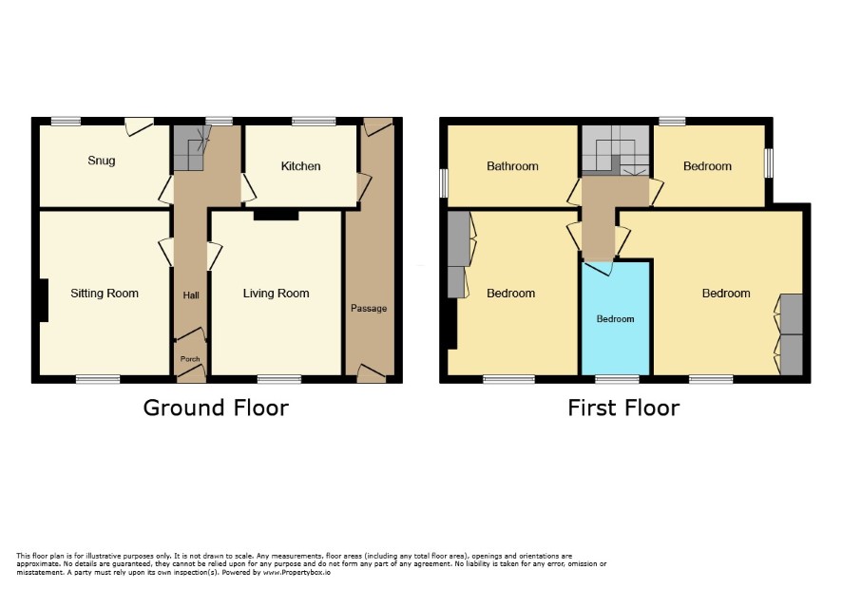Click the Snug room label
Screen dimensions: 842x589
[102, 161]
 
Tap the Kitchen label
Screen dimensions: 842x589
[300, 166]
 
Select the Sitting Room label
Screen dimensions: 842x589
[105, 294]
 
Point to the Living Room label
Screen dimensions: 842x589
[276, 294]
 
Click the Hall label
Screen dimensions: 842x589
[191, 295]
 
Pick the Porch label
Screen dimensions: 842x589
[190, 359]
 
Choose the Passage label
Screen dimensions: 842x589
[369, 308]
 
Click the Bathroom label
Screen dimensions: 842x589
[512, 166]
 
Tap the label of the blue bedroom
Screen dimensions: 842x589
[616, 319]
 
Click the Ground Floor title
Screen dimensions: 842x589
[216, 408]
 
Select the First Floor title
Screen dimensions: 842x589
[623, 408]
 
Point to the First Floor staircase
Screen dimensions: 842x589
[616, 150]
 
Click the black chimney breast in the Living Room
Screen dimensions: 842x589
[276, 215]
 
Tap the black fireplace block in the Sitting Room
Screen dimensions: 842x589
[43, 300]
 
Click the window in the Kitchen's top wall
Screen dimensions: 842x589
[314, 122]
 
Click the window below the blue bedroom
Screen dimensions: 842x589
[617, 379]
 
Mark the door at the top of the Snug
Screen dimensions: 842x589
[139, 125]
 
